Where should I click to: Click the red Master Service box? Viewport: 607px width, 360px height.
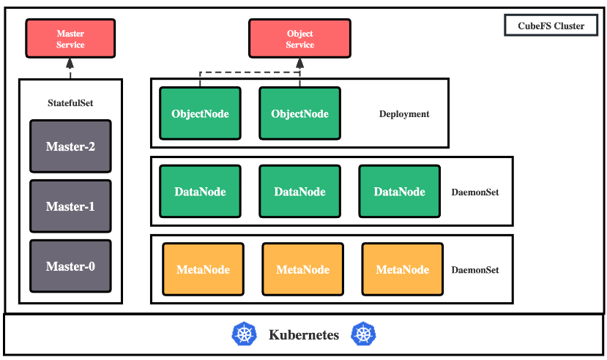(x=70, y=39)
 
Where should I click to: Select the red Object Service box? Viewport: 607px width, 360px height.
(x=299, y=39)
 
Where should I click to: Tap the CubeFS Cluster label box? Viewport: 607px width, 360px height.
(x=551, y=26)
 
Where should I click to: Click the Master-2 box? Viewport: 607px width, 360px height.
(x=70, y=146)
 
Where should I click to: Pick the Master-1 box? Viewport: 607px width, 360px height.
(x=70, y=206)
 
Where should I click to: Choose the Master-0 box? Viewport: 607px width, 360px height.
(x=70, y=266)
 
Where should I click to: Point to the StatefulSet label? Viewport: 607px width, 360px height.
(x=70, y=103)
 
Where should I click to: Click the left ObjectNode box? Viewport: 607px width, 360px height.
(x=200, y=113)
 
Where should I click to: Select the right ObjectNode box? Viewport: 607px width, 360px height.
(x=299, y=113)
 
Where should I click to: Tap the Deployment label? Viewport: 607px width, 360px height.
(x=404, y=114)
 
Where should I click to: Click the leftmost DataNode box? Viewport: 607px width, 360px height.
(x=200, y=192)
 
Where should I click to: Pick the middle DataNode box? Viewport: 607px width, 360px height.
(x=299, y=192)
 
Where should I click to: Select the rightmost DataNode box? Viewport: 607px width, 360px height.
(x=400, y=192)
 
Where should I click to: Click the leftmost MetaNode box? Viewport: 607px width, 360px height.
(x=204, y=269)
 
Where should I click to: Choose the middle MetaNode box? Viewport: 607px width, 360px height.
(x=302, y=269)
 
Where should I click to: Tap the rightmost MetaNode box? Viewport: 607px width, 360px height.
(x=403, y=269)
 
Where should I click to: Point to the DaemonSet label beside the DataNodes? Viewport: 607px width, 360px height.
(x=475, y=192)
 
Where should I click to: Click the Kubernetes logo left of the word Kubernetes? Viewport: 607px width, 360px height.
(x=245, y=334)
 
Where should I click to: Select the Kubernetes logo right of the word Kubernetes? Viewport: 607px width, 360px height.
(x=363, y=334)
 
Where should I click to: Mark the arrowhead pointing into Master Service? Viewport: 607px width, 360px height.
(x=70, y=64)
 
